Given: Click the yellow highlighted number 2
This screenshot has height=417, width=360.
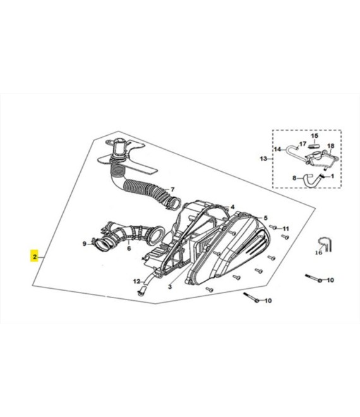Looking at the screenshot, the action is [35, 257].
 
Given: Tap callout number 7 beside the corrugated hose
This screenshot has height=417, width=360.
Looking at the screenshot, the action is [172, 190].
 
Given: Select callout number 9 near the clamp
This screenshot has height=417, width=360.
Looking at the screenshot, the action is [84, 244].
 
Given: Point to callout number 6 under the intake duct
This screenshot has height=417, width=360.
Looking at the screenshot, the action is [129, 248].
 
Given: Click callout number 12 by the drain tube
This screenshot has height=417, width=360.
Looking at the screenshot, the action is [136, 281].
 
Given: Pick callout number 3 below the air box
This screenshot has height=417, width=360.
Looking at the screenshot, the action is [170, 287].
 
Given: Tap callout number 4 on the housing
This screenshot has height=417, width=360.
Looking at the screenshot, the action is [232, 207].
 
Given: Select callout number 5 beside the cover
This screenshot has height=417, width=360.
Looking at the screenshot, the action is [266, 218].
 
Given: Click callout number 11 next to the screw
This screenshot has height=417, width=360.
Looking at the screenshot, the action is [285, 229].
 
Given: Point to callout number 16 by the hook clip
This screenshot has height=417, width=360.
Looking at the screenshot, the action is [318, 253].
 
